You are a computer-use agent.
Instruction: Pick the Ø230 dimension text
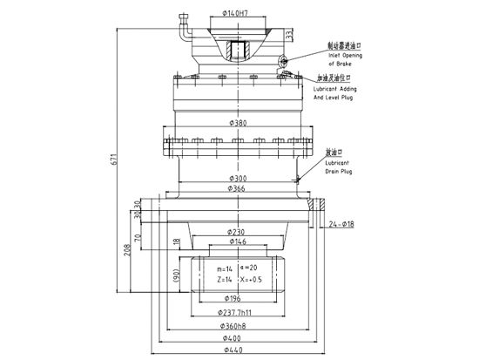[235, 231]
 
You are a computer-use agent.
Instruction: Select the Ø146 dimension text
[235, 241]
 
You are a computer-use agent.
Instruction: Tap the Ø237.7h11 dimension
[235, 311]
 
